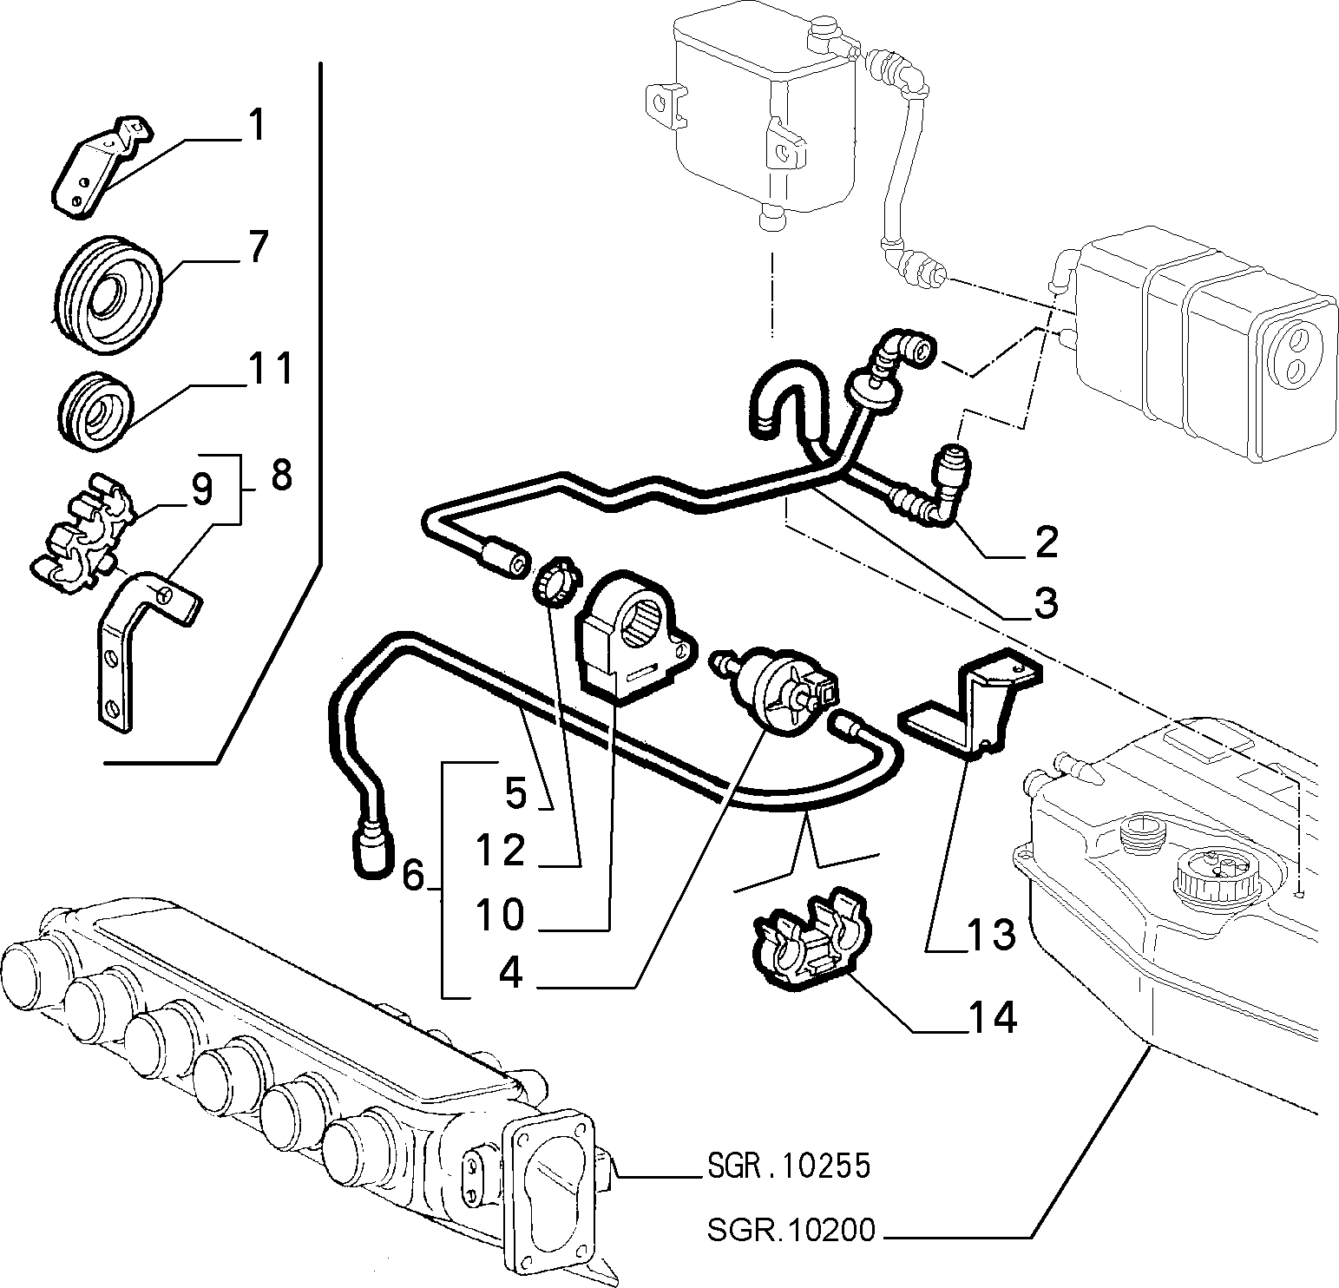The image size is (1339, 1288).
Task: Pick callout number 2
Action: pos(1047,542)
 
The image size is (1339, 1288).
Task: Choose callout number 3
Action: pos(1047,602)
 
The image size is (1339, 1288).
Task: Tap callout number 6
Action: pos(414,876)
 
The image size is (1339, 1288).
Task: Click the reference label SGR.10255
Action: pos(787,1166)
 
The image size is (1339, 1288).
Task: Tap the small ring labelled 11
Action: pos(95,412)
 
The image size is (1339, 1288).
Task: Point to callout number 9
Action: pos(201,491)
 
